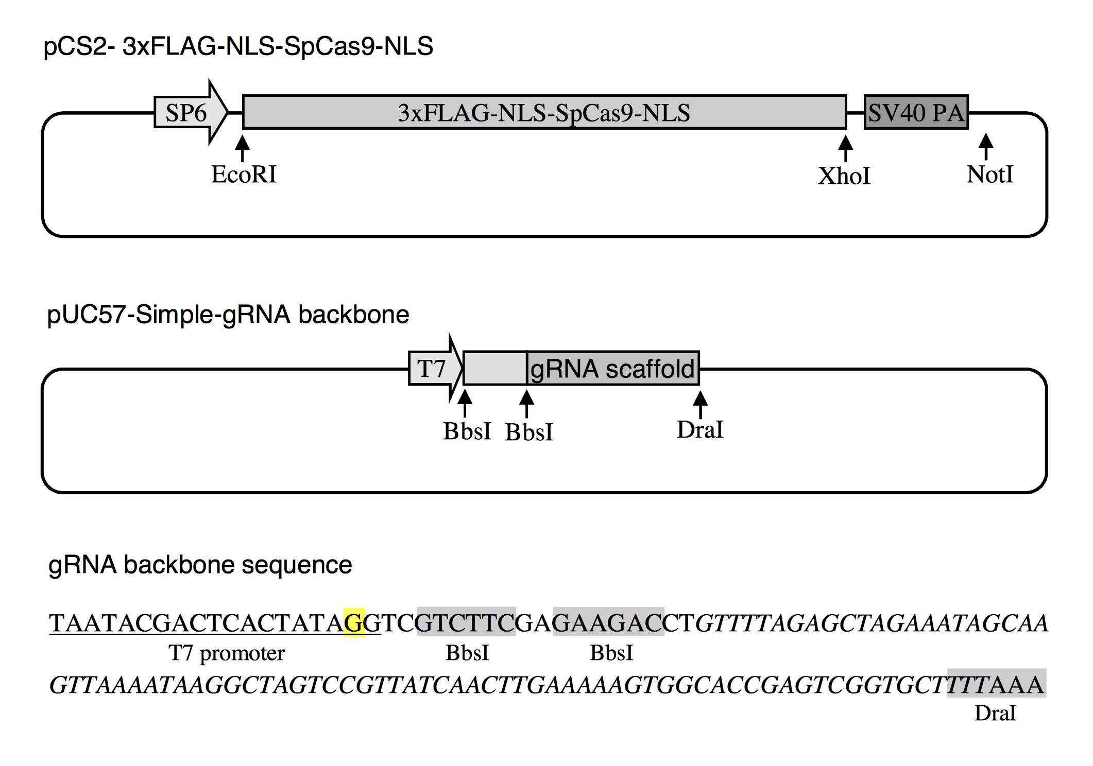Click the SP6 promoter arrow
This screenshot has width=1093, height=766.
(x=189, y=112)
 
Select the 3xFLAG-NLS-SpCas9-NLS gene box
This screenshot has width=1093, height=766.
(x=544, y=112)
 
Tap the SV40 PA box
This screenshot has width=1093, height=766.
(x=916, y=112)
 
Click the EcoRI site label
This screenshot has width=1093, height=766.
(x=244, y=175)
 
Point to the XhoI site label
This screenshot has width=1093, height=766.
(x=844, y=176)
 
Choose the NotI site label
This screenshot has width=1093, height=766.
(x=989, y=175)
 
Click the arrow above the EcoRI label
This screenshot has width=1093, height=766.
(x=242, y=148)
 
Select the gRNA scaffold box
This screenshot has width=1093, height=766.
(x=613, y=369)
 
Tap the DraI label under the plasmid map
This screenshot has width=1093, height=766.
(x=699, y=430)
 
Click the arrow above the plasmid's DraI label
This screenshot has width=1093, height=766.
(x=699, y=405)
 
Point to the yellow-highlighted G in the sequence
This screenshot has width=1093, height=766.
(x=354, y=623)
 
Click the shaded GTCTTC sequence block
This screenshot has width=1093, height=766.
(x=466, y=623)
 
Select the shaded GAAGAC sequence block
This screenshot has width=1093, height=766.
(x=608, y=623)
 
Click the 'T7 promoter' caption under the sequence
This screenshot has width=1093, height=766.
(x=227, y=653)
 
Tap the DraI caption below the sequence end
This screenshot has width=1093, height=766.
(x=995, y=713)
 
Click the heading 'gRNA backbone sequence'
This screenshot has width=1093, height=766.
(x=200, y=565)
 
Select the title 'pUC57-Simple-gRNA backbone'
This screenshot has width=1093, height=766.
(x=228, y=315)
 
